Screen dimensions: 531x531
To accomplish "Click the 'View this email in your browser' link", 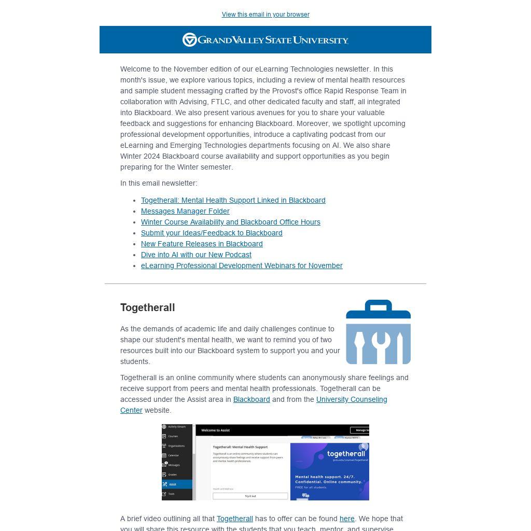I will [x=265, y=15].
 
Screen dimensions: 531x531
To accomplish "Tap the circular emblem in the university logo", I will [x=189, y=40].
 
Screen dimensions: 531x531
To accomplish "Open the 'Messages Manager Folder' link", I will [x=185, y=211].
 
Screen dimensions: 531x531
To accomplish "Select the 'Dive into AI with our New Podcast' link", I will [x=196, y=255].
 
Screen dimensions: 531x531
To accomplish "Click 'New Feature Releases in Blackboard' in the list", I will [x=202, y=244].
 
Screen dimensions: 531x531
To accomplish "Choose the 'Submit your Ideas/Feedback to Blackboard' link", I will [x=212, y=233].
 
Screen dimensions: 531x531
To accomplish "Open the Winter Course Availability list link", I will [x=230, y=222].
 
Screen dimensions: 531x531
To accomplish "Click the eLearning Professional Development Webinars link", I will [x=242, y=265].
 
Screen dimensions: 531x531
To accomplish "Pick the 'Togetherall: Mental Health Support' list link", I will [x=233, y=200].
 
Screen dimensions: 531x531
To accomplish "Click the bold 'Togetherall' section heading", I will [x=147, y=308].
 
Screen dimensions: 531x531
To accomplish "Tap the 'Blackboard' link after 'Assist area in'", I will [x=251, y=399].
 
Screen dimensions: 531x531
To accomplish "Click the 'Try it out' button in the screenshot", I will [x=250, y=496].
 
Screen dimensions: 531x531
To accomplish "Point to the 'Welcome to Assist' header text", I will [x=216, y=430].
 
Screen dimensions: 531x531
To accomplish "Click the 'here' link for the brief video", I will [x=347, y=519].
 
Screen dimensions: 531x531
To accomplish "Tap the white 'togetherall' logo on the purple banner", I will [x=346, y=454].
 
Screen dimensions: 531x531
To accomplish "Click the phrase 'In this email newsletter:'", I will [x=159, y=183].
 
